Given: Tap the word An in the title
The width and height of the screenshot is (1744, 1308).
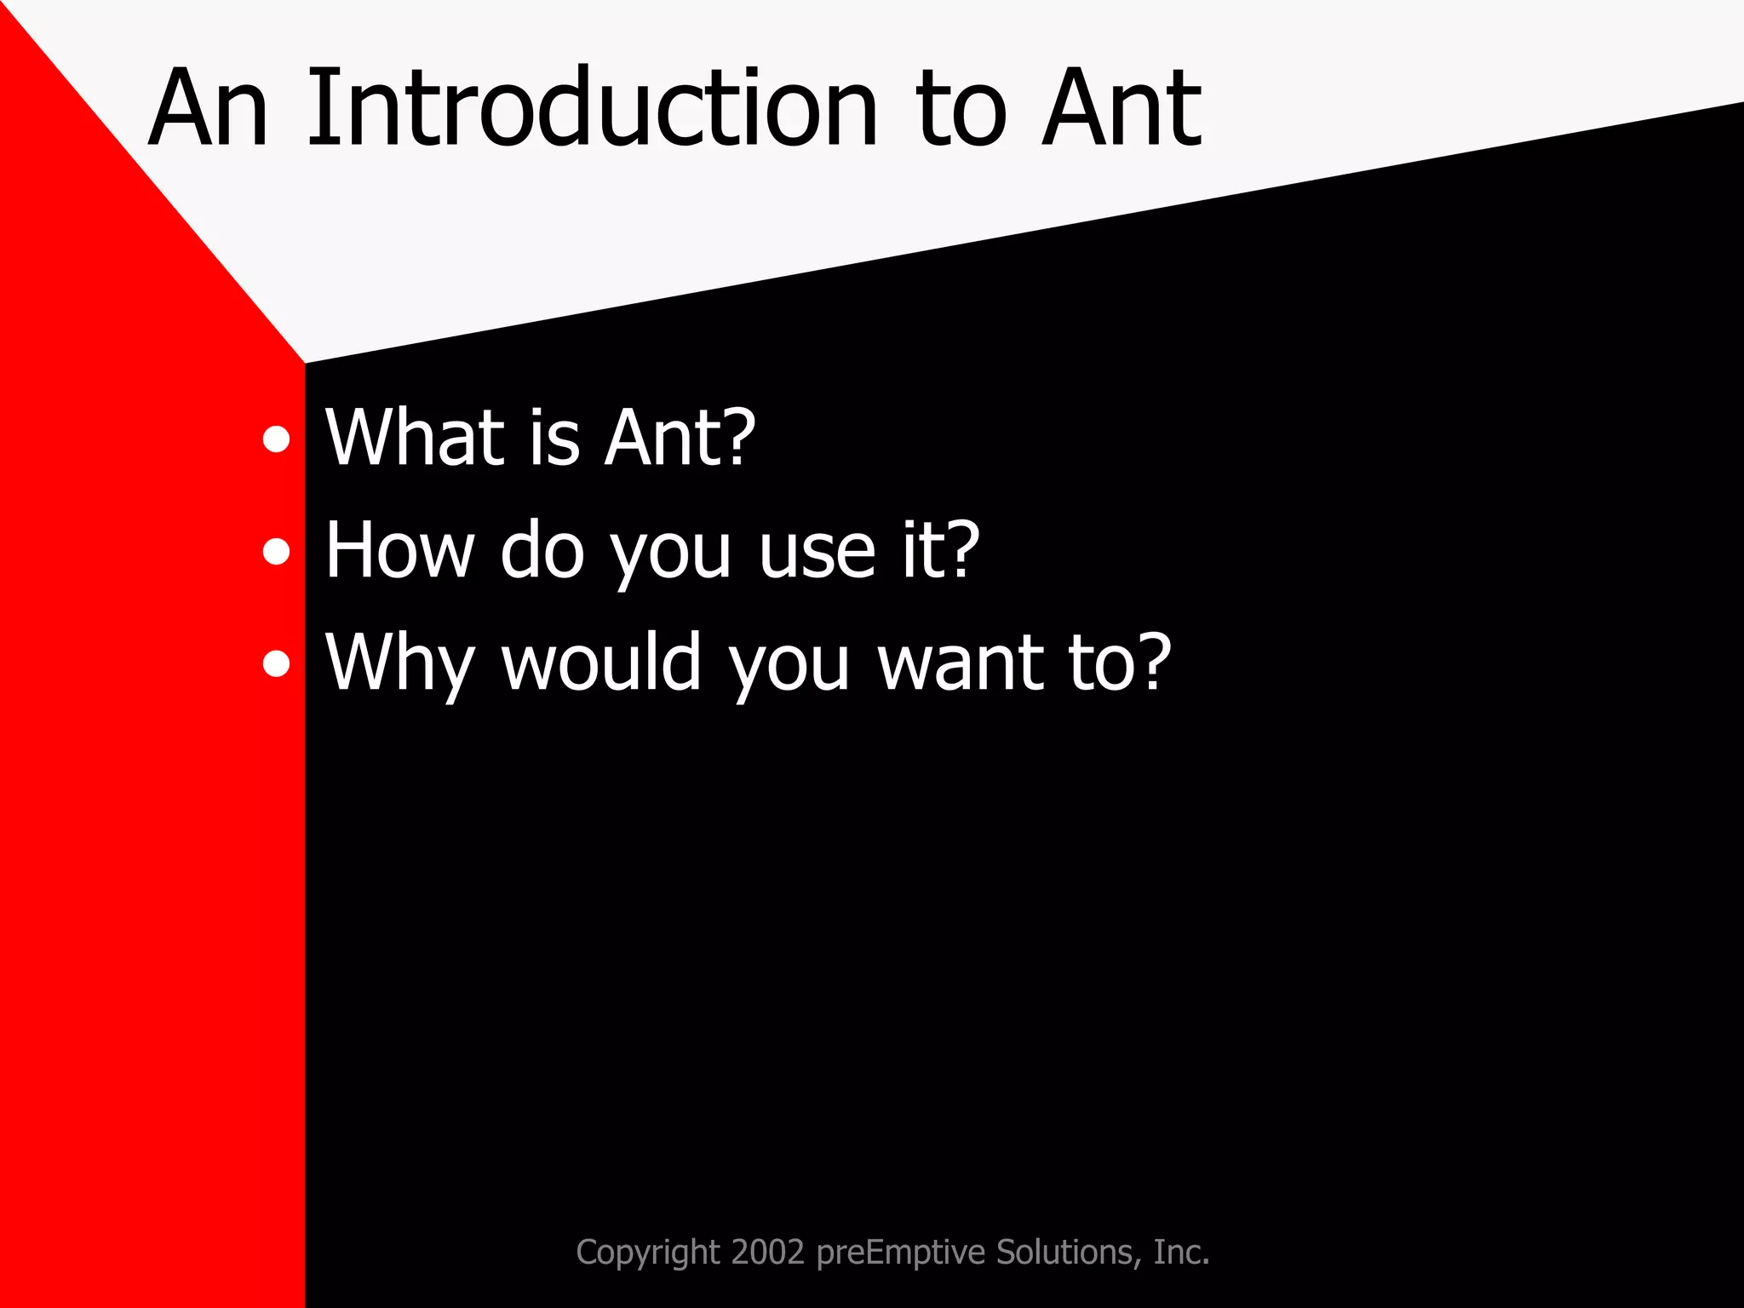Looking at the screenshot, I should point(209,109).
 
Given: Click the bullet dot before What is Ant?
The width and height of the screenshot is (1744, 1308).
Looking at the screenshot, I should point(276,439).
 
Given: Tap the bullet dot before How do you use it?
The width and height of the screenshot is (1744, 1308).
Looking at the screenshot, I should point(276,552).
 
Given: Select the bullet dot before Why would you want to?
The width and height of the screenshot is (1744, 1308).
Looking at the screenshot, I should point(276,663).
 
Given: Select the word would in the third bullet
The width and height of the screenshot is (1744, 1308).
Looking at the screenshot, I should point(601,663).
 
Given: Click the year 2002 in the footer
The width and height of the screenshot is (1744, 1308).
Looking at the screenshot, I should point(767,1253).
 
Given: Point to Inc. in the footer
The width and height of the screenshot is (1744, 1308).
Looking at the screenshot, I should point(1181,1253).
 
